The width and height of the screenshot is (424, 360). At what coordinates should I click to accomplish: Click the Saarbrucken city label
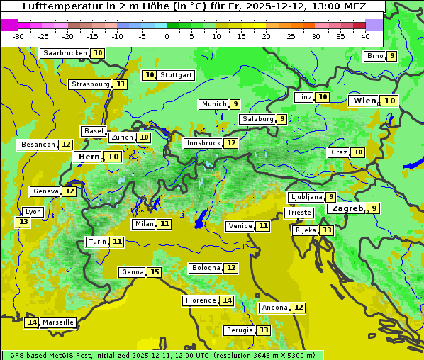coord(65,53)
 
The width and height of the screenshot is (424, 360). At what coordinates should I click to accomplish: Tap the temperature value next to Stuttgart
coord(149,75)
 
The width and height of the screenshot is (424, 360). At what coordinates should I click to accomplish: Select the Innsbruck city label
coord(203,143)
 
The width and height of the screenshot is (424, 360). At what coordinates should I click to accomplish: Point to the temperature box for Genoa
coord(155,272)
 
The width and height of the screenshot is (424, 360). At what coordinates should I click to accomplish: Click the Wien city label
coord(365,101)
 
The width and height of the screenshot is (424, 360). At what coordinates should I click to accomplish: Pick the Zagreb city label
coord(347,208)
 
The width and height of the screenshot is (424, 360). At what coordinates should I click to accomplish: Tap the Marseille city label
coord(57,322)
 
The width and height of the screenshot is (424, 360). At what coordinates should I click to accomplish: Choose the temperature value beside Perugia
coord(264,330)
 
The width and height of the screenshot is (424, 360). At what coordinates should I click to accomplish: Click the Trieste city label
coord(299,213)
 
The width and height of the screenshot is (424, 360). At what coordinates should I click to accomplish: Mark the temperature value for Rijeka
coord(326,230)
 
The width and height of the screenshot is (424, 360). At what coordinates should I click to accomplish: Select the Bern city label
coord(89,157)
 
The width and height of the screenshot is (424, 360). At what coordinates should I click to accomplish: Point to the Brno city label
coord(374,57)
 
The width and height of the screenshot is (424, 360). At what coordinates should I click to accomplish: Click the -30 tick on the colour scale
coord(18,36)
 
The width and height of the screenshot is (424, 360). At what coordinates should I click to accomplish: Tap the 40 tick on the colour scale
coord(365,36)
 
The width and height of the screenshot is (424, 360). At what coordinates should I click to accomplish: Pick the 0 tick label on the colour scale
coord(167,36)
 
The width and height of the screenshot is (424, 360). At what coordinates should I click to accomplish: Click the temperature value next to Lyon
coord(23,222)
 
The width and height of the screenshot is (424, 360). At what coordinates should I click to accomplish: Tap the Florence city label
coord(200,300)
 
